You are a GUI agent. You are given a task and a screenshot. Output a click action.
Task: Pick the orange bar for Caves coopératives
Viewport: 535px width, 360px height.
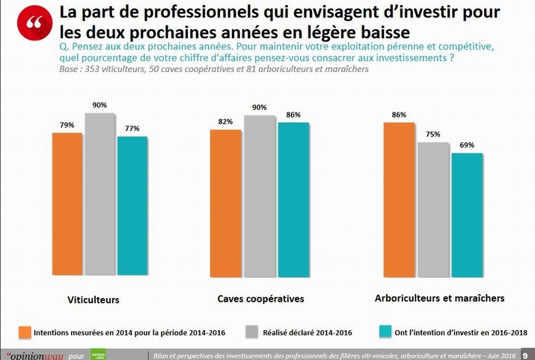(x=226, y=202)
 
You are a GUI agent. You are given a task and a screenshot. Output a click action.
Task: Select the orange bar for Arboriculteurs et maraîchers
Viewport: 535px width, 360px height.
(x=398, y=199)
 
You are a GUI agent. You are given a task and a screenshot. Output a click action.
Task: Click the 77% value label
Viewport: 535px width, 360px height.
(x=132, y=129)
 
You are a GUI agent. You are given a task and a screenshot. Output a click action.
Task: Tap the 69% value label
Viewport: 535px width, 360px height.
(x=466, y=145)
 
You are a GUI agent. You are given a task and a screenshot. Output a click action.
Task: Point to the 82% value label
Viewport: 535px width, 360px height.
(x=225, y=121)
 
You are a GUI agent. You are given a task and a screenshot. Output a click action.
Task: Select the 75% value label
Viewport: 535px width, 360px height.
(x=432, y=135)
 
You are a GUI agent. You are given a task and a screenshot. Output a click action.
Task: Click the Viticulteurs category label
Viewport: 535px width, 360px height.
(x=94, y=300)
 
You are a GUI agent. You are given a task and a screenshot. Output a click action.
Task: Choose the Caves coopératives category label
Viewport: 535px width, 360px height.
(x=260, y=299)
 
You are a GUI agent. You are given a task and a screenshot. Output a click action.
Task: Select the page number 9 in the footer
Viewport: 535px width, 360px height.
(x=526, y=355)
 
